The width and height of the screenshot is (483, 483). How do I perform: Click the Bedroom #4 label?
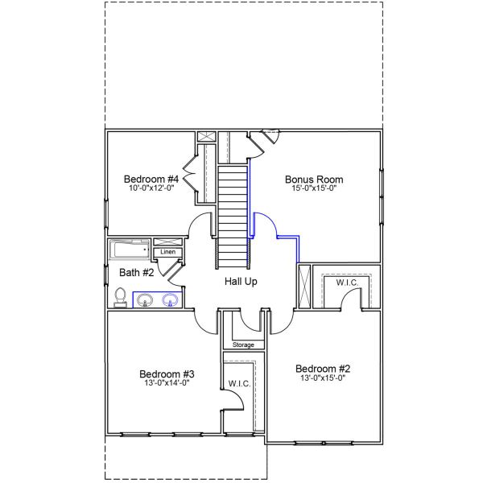pyautogui.click(x=151, y=179)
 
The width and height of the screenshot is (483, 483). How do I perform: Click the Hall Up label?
pyautogui.click(x=241, y=282)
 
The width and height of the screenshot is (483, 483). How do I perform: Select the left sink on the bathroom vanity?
pyautogui.click(x=145, y=301)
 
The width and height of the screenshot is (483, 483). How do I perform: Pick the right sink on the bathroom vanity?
pyautogui.click(x=170, y=301)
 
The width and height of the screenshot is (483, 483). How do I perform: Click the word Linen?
pyautogui.click(x=167, y=253)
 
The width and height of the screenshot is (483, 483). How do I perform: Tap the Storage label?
pyautogui.click(x=243, y=345)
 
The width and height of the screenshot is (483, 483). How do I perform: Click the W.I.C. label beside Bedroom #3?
pyautogui.click(x=240, y=383)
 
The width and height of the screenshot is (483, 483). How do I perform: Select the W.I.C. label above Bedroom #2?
pyautogui.click(x=347, y=283)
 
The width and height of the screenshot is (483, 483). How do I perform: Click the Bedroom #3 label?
pyautogui.click(x=167, y=374)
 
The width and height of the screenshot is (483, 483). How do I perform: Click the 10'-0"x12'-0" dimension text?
pyautogui.click(x=151, y=188)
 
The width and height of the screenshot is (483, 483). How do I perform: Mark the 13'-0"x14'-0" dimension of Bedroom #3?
pyautogui.click(x=167, y=384)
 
